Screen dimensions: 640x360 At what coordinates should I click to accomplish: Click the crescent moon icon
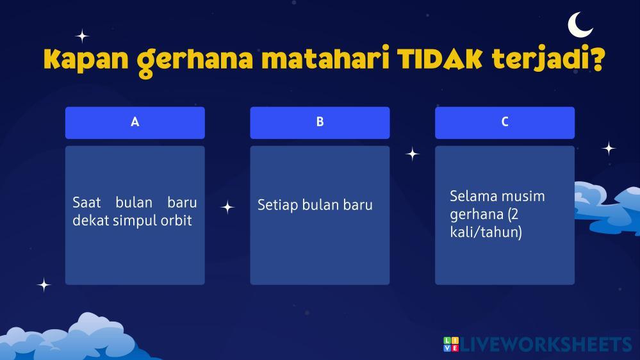[578, 26]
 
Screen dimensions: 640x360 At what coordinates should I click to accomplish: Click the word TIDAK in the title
[439, 60]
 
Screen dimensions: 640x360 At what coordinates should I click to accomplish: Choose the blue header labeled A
[135, 122]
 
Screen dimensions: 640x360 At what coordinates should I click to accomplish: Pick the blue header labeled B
[320, 122]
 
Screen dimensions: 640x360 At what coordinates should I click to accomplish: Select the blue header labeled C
[505, 122]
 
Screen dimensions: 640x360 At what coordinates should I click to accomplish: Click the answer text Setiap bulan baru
[315, 205]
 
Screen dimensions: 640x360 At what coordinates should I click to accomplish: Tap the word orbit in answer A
[176, 220]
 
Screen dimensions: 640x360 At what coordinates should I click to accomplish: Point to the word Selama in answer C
[471, 196]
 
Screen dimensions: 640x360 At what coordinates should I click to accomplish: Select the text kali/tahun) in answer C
[486, 233]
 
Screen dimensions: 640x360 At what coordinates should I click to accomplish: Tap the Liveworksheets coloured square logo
[451, 344]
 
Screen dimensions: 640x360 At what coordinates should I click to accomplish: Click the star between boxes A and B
[227, 208]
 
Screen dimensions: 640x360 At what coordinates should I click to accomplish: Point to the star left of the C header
[412, 154]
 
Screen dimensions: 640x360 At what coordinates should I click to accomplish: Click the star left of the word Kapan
[82, 37]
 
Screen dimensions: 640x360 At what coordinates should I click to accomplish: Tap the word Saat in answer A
[86, 202]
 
